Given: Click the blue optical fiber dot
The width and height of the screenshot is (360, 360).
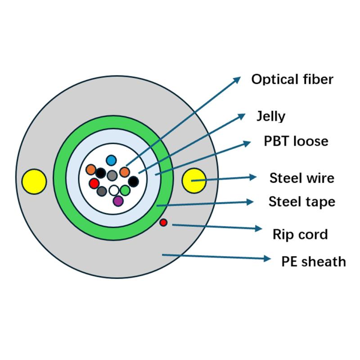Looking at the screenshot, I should point(112,160).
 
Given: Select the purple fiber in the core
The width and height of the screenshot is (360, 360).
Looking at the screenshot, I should point(118,201).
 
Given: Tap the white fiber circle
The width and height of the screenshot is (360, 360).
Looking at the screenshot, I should point(114,190).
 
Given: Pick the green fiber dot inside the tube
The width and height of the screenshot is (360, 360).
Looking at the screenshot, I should point(125,190).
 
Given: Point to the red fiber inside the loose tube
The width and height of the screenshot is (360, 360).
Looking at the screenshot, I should point(94,183).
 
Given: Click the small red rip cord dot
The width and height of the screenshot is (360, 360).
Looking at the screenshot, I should point(163,222).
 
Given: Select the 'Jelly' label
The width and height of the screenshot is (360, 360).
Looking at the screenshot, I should point(270,116).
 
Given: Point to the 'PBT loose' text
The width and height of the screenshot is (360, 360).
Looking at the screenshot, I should point(296,141).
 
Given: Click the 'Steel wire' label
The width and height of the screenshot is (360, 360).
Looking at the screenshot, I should point(301,178).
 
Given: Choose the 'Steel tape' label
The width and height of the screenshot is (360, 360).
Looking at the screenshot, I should point(301,201).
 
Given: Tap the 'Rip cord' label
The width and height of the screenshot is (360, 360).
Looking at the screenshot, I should point(300,234).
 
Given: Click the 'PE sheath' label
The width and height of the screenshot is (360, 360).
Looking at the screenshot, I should point(311,261).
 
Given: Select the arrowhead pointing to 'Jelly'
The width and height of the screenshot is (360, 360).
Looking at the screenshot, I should point(242,116).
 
